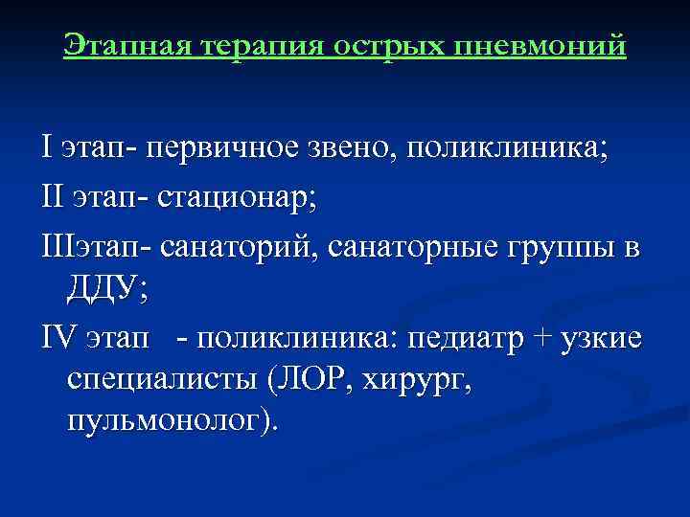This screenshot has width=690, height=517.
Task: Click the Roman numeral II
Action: pos(53,198)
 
